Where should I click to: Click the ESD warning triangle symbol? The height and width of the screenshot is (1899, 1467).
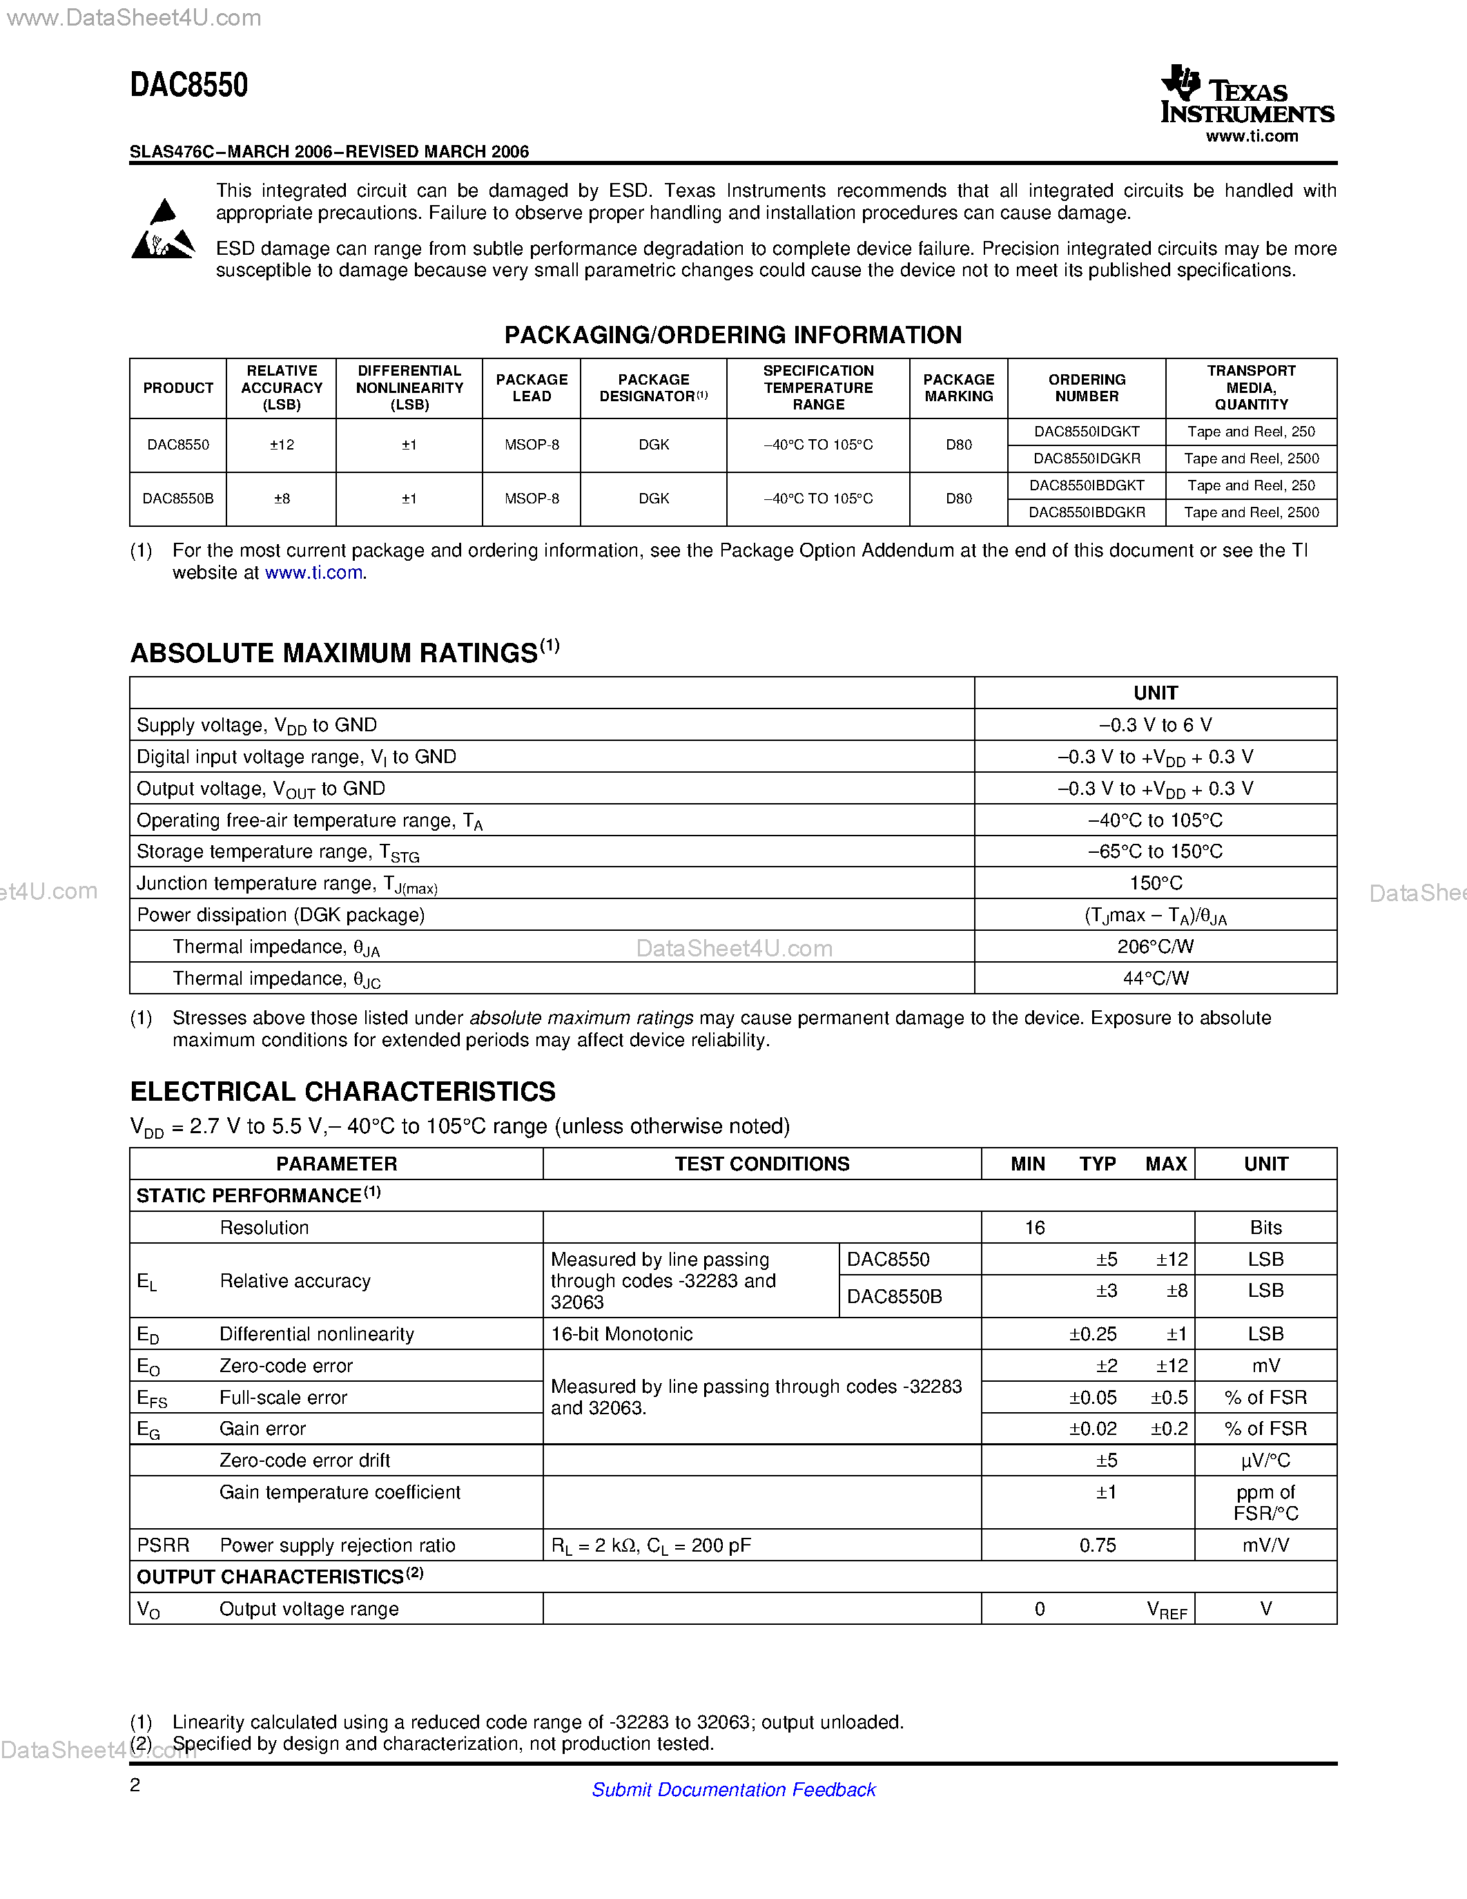coord(162,231)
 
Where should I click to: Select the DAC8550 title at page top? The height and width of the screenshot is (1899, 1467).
coord(188,85)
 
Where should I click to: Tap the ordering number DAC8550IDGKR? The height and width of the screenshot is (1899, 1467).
coord(1087,459)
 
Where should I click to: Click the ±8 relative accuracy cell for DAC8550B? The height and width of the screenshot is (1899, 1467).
coord(282,498)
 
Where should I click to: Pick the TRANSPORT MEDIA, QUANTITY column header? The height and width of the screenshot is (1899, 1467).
coord(1251,388)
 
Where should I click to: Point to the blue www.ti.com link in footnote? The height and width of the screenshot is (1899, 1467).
coord(313,573)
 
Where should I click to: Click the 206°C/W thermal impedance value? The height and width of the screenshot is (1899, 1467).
coord(1155,946)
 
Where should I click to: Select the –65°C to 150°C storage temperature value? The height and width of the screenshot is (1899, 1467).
coord(1155,851)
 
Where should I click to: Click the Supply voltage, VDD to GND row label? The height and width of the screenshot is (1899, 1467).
coord(256,725)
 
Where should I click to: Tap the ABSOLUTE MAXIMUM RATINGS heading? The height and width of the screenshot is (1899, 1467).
coord(333,653)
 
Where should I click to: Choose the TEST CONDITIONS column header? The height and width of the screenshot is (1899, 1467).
coord(761,1164)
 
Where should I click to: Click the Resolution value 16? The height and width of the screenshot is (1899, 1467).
coord(1034,1228)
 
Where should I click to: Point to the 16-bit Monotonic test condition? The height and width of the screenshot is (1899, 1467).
coord(621,1334)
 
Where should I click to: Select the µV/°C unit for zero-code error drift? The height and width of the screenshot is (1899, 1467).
coord(1265,1461)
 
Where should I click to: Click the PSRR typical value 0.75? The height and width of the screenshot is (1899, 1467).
coord(1097,1545)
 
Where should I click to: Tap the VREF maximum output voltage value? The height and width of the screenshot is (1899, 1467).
coord(1166,1610)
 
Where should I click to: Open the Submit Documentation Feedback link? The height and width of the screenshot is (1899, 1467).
coord(733,1789)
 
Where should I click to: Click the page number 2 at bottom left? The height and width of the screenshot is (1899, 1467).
coord(135,1785)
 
